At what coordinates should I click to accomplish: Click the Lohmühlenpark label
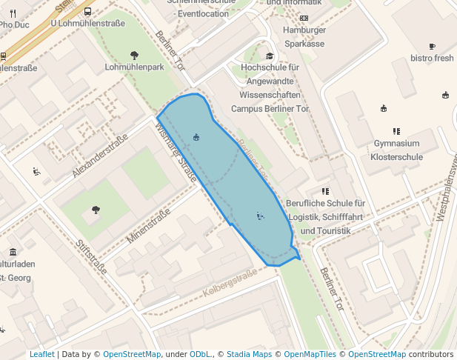[x=134, y=67]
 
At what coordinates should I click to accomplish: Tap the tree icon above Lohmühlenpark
[x=134, y=54]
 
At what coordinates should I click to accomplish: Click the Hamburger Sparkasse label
[x=304, y=37]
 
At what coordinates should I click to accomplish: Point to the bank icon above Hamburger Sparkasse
[x=304, y=17]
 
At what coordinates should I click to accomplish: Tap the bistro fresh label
[x=432, y=58]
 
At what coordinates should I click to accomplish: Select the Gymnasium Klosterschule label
[x=396, y=150]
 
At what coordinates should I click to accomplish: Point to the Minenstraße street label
[x=148, y=227]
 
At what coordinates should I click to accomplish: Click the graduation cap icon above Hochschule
[x=270, y=56]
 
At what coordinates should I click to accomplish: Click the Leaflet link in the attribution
[x=41, y=354]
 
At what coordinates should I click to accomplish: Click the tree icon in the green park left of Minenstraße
[x=96, y=210]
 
